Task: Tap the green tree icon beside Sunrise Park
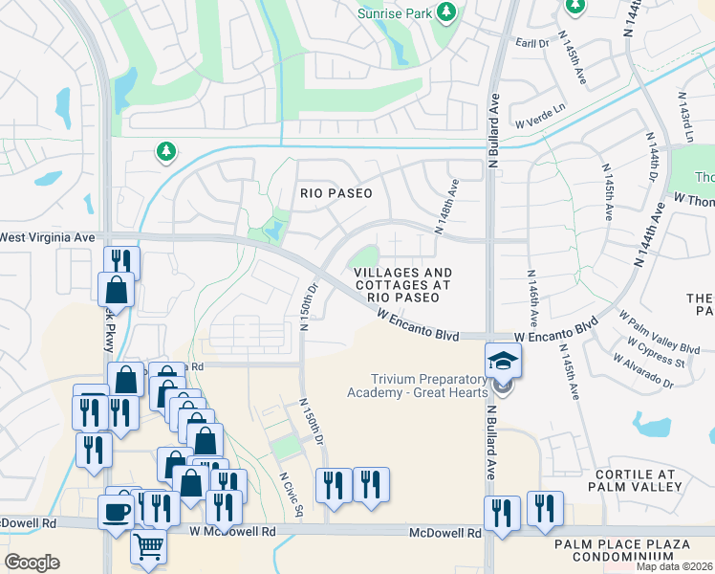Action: click(x=445, y=11)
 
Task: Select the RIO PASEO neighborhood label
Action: click(x=336, y=192)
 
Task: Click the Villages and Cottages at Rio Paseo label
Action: click(x=402, y=285)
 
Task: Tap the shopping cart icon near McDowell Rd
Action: click(x=148, y=548)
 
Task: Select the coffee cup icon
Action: click(x=116, y=512)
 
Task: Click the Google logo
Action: click(x=32, y=563)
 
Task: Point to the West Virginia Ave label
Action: click(x=48, y=236)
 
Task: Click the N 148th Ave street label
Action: click(x=447, y=211)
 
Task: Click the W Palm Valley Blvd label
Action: click(x=660, y=330)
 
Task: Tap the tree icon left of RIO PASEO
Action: click(x=166, y=151)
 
